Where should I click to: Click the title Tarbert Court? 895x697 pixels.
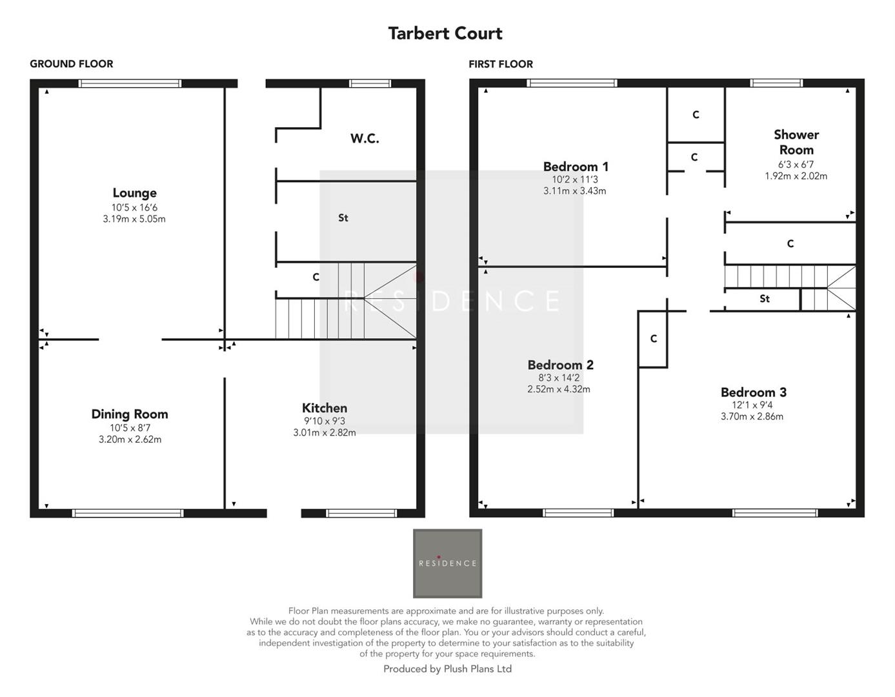point(445,34)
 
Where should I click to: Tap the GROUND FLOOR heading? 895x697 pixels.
point(71,64)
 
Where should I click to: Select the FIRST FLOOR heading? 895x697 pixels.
point(501,64)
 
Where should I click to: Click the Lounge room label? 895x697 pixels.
point(134,193)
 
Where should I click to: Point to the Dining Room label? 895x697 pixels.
point(129,414)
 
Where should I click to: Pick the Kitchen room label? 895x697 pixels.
point(325,408)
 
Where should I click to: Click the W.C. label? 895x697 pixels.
point(365,138)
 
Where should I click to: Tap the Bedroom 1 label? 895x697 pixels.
point(575,167)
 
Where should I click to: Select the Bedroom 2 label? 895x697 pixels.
point(560,365)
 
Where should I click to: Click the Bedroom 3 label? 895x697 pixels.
point(753,392)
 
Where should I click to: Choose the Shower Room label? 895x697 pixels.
point(796,142)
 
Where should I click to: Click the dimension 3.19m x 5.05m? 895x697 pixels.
point(134,219)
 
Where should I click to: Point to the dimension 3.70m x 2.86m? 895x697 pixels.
point(752,416)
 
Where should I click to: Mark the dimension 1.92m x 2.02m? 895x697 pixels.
point(796,176)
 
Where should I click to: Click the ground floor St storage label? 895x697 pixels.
point(343,218)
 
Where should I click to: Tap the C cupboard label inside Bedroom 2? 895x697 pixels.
point(653,339)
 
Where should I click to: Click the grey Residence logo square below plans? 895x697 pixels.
point(447,563)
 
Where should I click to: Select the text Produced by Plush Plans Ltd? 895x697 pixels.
point(447,669)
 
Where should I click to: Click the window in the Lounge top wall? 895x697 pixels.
point(130,83)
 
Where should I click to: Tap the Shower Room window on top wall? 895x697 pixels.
point(776,83)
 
